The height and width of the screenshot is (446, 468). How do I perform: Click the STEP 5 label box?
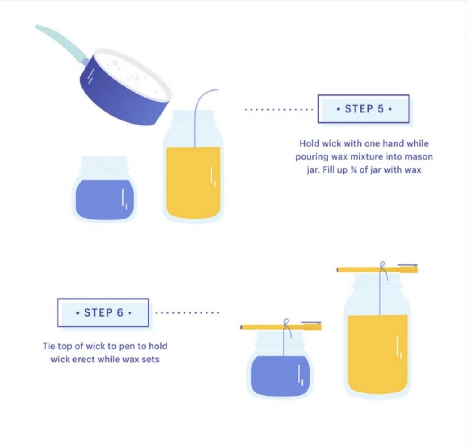(364, 109)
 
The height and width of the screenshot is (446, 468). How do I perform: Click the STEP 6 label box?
(103, 312)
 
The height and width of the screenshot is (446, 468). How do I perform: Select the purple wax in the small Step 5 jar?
(104, 200)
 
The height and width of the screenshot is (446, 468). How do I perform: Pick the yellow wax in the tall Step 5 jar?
(193, 182)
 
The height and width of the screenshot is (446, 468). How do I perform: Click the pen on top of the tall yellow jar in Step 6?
(377, 269)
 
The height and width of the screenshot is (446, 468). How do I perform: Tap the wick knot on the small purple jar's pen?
(287, 326)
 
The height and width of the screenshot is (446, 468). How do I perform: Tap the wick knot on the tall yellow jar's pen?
(383, 268)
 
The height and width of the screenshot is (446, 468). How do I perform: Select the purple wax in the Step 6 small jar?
(280, 376)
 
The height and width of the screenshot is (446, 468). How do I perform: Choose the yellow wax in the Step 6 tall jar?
(378, 354)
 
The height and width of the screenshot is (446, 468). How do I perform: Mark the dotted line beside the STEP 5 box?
(279, 110)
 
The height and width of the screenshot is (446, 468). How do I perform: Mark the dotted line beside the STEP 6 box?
(187, 313)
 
